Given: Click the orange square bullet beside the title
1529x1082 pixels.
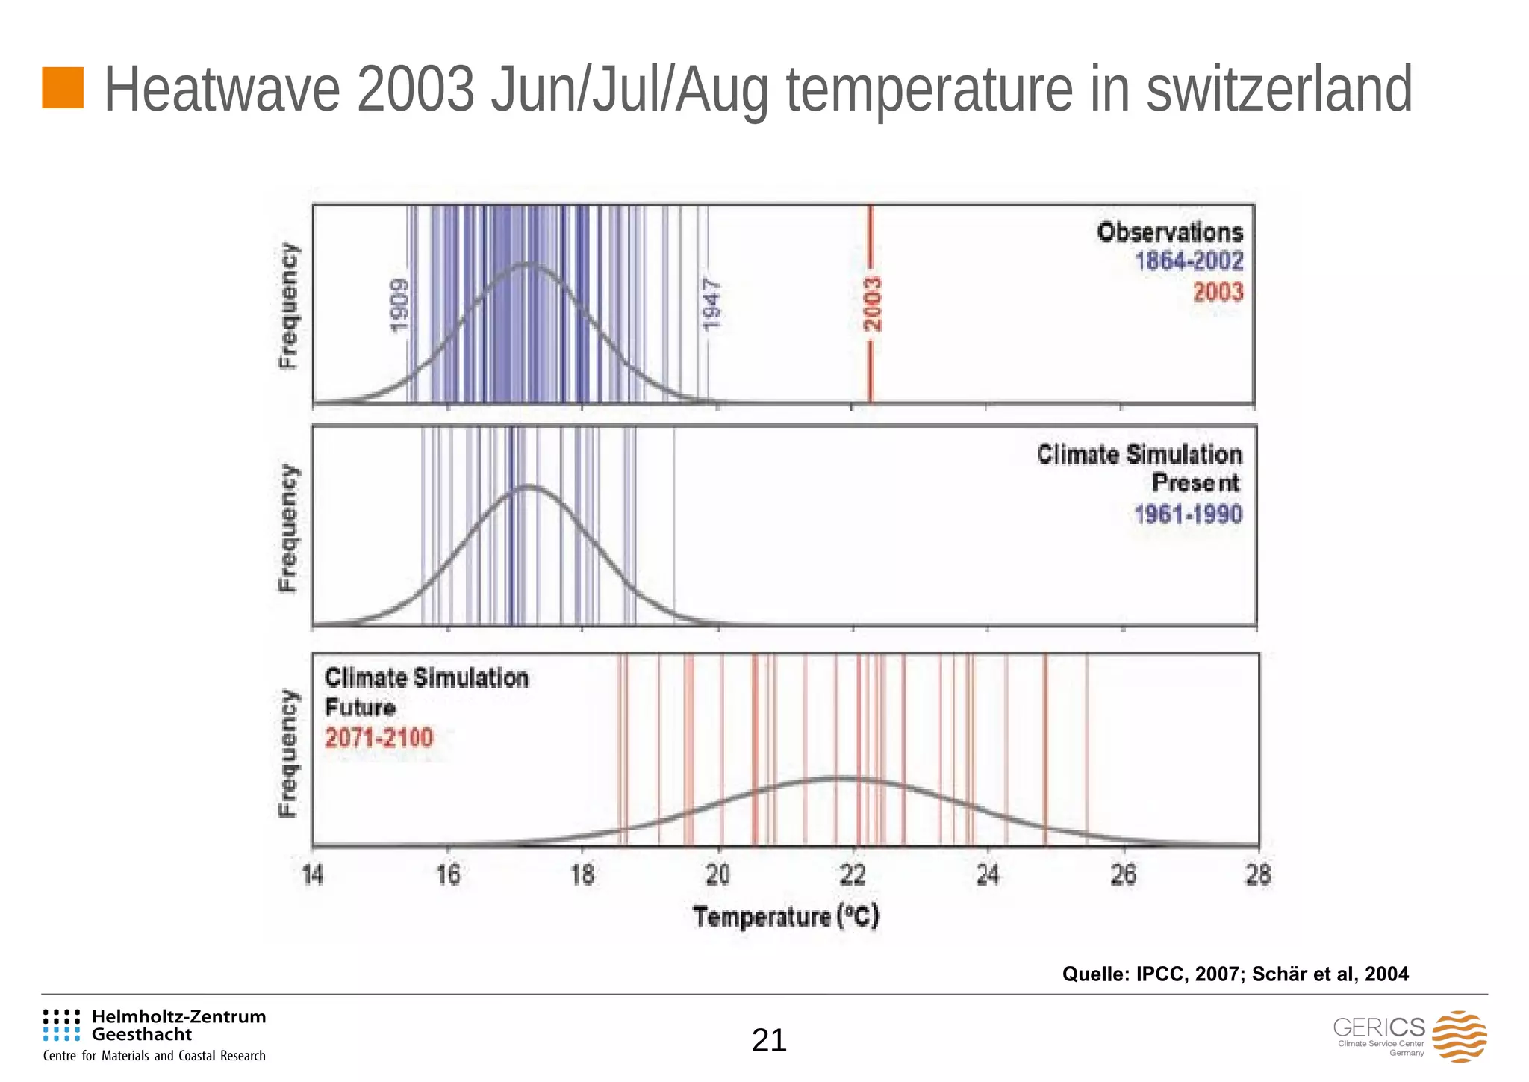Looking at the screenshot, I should [63, 87].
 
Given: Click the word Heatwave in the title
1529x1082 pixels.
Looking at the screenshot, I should [222, 90].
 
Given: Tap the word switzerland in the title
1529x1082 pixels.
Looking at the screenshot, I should [1278, 90].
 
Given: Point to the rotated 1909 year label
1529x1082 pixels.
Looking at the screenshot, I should [399, 305].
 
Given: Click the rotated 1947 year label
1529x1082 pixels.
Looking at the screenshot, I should [711, 305].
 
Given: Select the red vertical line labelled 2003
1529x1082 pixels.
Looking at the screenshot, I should [871, 358].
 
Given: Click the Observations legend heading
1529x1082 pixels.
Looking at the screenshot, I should [1170, 232].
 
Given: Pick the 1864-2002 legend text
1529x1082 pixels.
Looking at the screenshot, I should [1189, 261].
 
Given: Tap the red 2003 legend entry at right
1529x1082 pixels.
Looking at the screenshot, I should [1218, 291].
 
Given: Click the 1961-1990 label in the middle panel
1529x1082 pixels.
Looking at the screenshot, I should [1188, 514].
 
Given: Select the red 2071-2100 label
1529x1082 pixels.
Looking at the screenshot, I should [379, 738].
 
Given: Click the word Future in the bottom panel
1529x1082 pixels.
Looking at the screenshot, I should [360, 707].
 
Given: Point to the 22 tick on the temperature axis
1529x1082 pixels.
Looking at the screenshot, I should [853, 874].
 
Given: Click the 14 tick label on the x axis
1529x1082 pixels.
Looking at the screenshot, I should [313, 874].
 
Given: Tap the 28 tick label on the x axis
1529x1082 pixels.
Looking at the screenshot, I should [1258, 874].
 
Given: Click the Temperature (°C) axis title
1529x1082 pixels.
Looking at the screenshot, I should [786, 916].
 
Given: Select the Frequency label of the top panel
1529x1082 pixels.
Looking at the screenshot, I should [287, 305].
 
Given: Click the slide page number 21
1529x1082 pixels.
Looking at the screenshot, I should [769, 1040].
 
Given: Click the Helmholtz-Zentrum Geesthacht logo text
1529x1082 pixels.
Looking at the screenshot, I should [178, 1025].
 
